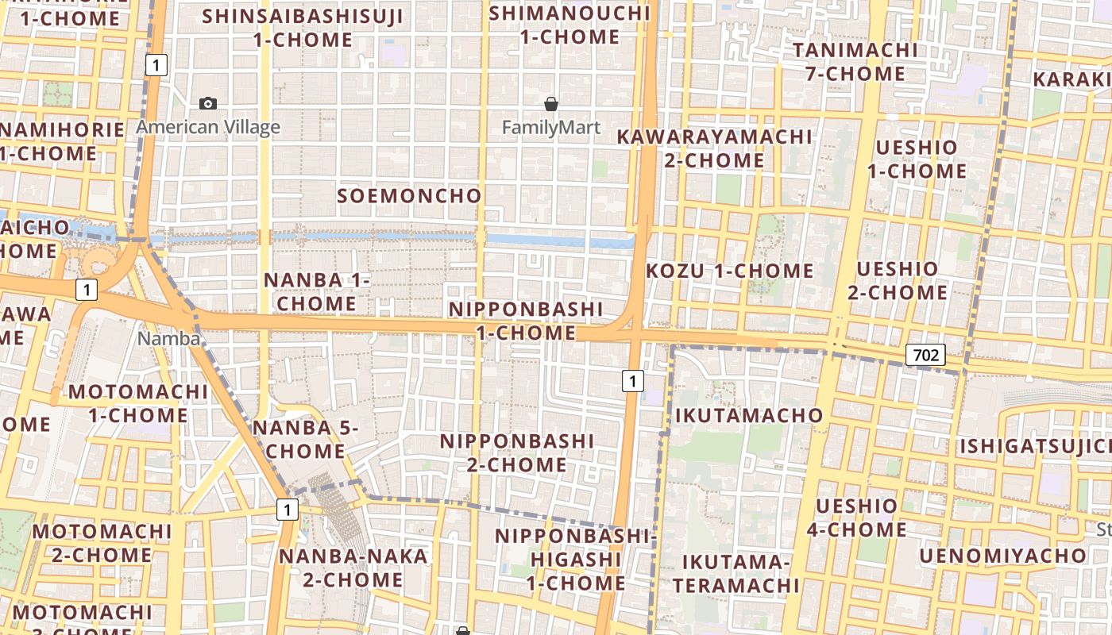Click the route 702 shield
pyautogui.click(x=926, y=355)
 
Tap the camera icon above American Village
pyautogui.click(x=208, y=103)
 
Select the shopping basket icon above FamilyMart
pyautogui.click(x=551, y=104)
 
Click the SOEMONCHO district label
pyautogui.click(x=409, y=195)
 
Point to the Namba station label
pyautogui.click(x=169, y=338)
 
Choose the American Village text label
pyautogui.click(x=208, y=127)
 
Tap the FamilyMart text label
pyautogui.click(x=551, y=127)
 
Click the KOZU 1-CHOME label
pyautogui.click(x=730, y=271)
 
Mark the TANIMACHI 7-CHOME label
pyautogui.click(x=855, y=62)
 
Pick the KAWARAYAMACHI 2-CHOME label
pyautogui.click(x=714, y=148)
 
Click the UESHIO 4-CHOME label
pyautogui.click(x=856, y=518)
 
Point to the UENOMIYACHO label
pyautogui.click(x=1003, y=555)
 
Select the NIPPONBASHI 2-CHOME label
pyautogui.click(x=517, y=452)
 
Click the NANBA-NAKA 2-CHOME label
pyautogui.click(x=353, y=568)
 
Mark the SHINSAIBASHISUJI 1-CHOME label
pyautogui.click(x=303, y=28)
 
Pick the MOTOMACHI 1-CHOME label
pyautogui.click(x=138, y=403)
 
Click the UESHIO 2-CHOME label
pyautogui.click(x=898, y=281)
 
